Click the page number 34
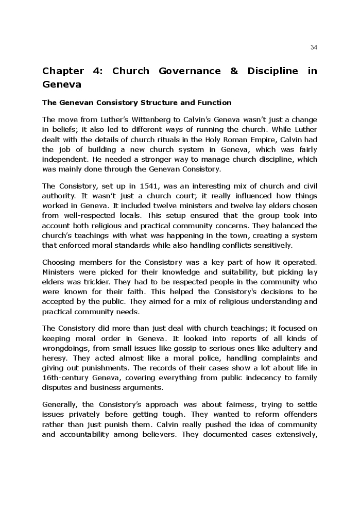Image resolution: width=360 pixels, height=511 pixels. point(314,47)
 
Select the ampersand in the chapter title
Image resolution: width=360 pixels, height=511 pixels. point(234,71)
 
